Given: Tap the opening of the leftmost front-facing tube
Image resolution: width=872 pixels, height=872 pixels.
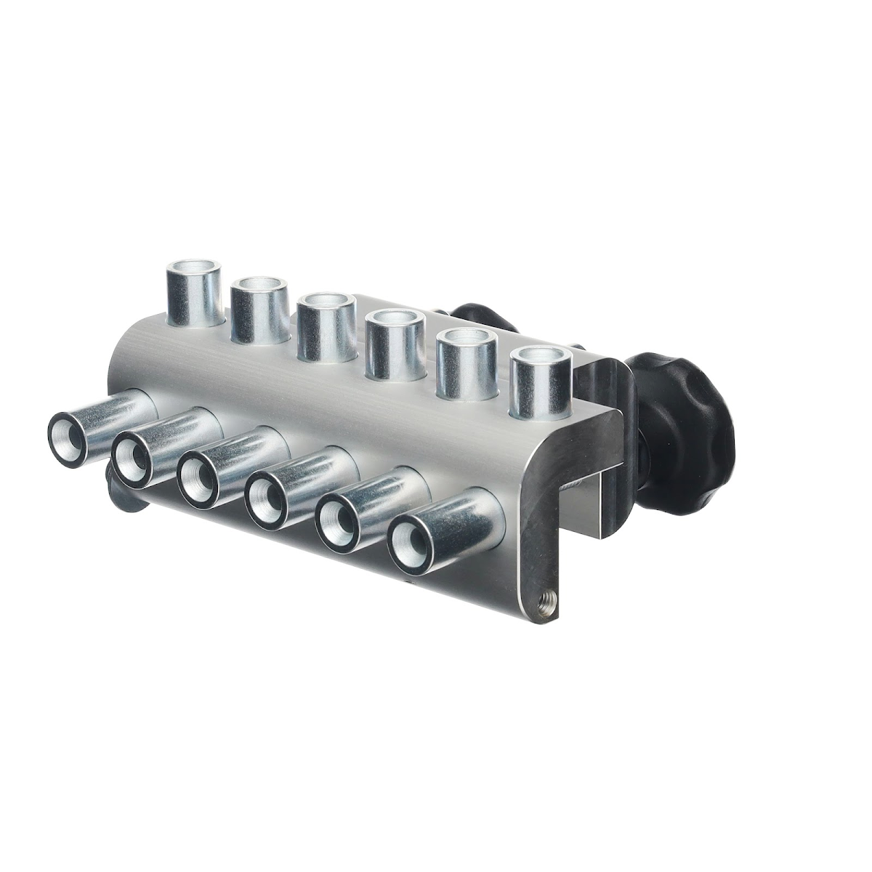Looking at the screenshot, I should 70,439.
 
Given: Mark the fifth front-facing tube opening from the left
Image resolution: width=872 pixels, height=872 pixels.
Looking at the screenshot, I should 336,524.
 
